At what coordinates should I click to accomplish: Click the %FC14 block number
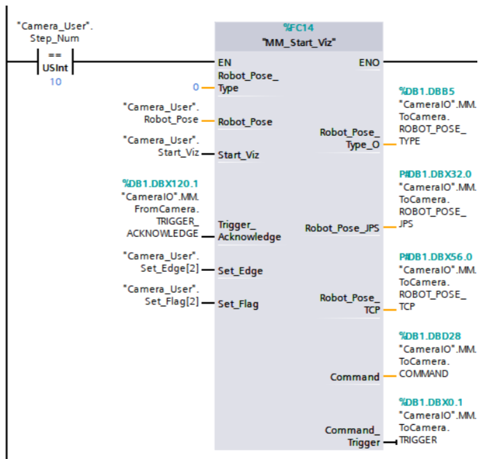point(299,28)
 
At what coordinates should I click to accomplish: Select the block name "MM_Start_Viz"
point(299,42)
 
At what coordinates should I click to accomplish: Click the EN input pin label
point(225,62)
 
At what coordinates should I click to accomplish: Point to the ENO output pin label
point(369,62)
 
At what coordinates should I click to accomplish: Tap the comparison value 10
point(55,82)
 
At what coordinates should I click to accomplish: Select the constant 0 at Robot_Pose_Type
point(196,88)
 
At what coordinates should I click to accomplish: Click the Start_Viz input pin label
point(238,155)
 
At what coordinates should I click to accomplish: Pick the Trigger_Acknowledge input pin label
point(249,231)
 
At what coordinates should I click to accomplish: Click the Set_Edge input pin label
point(240,270)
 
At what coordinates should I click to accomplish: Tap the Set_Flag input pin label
point(238,304)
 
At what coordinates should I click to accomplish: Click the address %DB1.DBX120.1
point(160,183)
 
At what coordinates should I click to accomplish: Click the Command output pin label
point(355,377)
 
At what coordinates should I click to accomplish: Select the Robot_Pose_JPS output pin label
point(342,228)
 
